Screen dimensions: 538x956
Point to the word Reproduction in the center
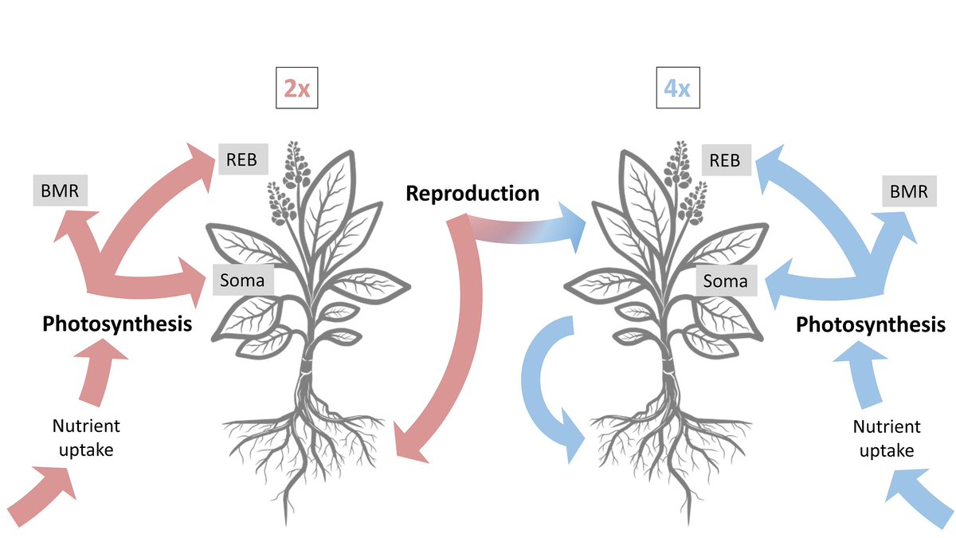pyautogui.click(x=472, y=193)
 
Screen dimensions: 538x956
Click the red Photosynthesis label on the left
pyautogui.click(x=117, y=324)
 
